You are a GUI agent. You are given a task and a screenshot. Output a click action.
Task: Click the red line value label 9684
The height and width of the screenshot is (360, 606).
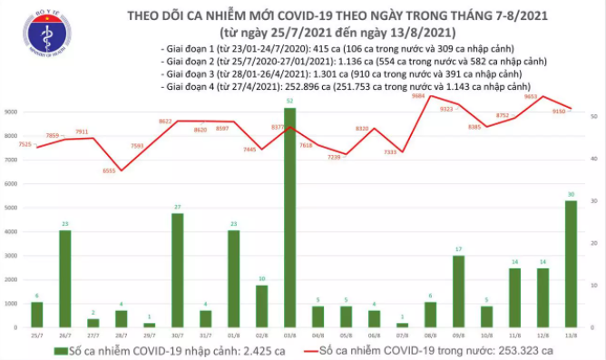tap(420, 95)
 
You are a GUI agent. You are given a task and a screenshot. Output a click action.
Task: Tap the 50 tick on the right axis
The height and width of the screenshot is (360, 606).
tap(592, 117)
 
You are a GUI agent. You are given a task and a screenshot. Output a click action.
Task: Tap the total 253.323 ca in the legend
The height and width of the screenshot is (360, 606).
tap(546, 349)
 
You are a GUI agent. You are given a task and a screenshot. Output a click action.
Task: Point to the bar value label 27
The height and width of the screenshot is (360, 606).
tap(178, 208)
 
